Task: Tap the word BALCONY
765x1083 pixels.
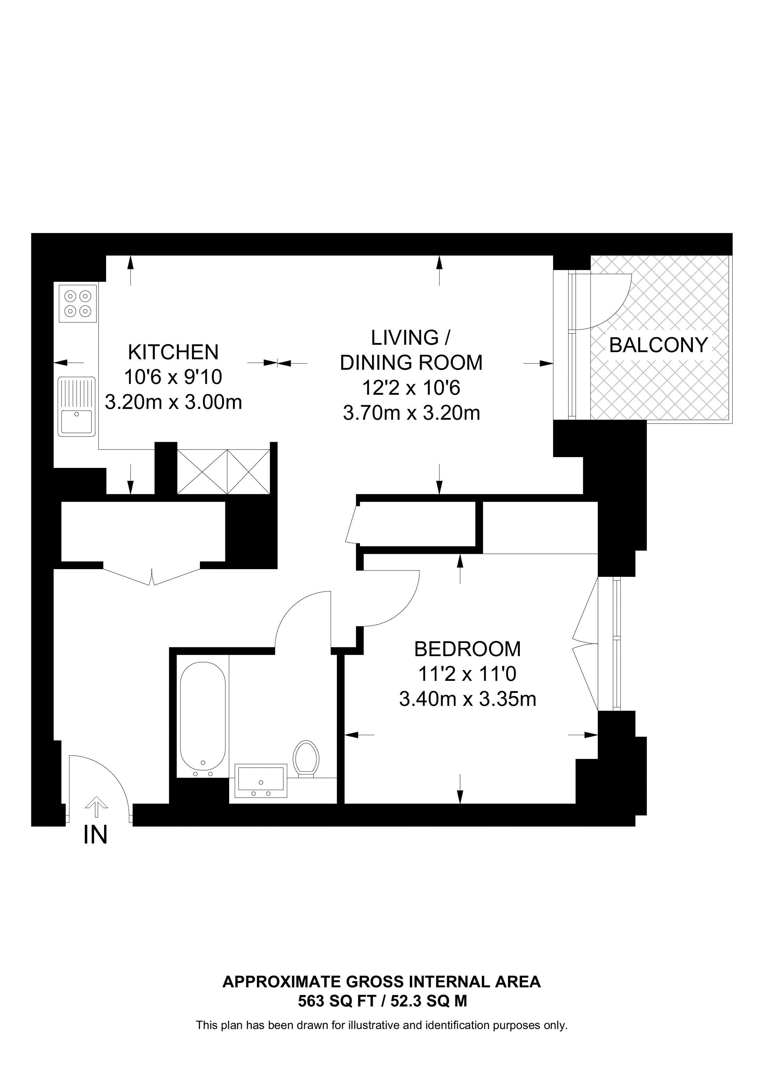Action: [x=659, y=345]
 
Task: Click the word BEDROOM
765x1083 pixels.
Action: [x=468, y=649]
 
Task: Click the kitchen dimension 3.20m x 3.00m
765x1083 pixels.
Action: [x=174, y=403]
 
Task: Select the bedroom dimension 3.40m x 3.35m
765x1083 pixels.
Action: [x=468, y=699]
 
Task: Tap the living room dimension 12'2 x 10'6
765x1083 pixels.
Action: [x=411, y=388]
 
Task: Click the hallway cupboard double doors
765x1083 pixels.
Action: [x=152, y=576]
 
